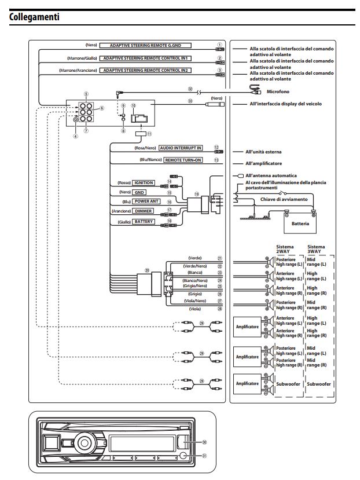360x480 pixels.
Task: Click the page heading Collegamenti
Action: click(x=34, y=17)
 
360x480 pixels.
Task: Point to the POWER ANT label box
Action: click(x=147, y=202)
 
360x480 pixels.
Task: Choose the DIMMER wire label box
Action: click(x=144, y=211)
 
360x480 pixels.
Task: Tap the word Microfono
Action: click(x=280, y=91)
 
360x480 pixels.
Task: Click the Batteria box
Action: click(x=300, y=223)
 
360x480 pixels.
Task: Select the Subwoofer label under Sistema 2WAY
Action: click(x=289, y=384)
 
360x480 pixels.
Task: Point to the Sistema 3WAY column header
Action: click(x=317, y=249)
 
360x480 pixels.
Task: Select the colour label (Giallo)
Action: click(x=125, y=222)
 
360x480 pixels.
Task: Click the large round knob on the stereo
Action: click(x=83, y=443)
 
